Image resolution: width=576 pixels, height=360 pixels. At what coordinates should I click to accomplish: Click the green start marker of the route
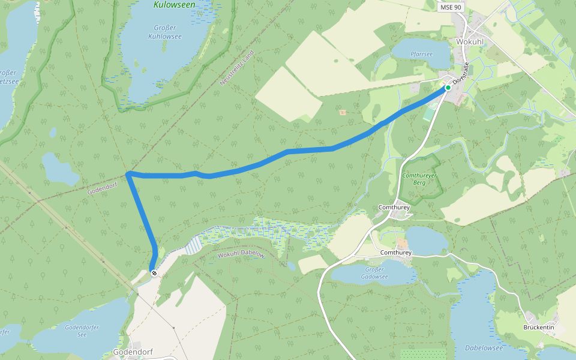click(x=448, y=88)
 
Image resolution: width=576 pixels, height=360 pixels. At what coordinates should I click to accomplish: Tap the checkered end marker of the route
click(x=154, y=274)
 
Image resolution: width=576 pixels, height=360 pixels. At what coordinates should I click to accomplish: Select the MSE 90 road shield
click(x=451, y=7)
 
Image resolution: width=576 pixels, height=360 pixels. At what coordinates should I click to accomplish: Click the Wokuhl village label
click(x=469, y=42)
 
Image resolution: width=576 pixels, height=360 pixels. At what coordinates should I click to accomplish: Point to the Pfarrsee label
click(x=421, y=54)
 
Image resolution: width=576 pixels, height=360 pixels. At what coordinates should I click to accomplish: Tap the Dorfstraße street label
click(x=460, y=73)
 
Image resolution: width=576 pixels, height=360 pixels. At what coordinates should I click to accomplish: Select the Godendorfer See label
click(x=82, y=331)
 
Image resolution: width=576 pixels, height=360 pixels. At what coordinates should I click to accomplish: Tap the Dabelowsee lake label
click(x=484, y=347)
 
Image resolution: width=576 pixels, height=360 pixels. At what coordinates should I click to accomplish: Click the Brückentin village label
click(x=539, y=328)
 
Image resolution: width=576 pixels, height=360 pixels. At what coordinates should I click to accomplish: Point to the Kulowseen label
click(x=174, y=5)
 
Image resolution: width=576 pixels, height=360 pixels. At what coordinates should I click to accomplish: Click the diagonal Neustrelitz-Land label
click(x=237, y=68)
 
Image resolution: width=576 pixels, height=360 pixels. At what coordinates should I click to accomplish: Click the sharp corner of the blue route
click(x=128, y=174)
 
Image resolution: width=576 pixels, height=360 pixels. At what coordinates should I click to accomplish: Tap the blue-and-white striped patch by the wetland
click(x=193, y=245)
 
